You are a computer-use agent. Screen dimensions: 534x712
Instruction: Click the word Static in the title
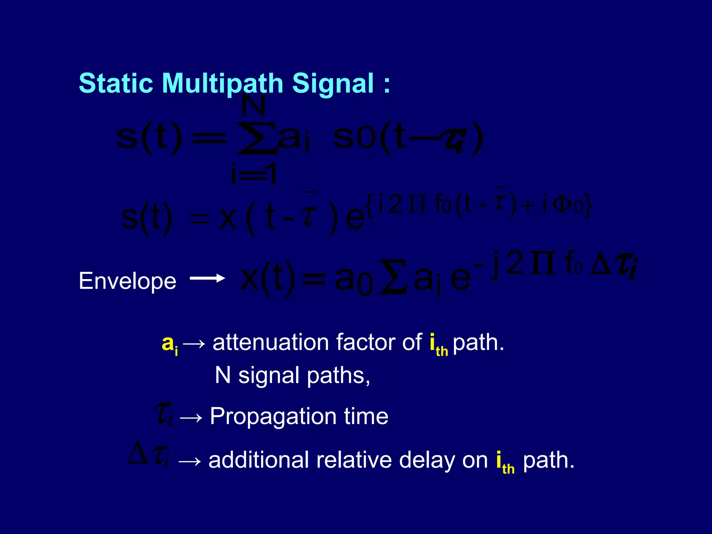coord(116,83)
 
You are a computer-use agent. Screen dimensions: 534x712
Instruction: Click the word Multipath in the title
coord(222,83)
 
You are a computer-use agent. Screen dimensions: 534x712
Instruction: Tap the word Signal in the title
coord(333,83)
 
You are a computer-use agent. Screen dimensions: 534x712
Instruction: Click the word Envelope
coord(128,281)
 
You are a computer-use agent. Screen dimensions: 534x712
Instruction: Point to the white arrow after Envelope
coord(207,278)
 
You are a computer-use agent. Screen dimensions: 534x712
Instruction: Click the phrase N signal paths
coord(292,376)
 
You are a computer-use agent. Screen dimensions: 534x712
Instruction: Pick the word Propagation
coord(273,416)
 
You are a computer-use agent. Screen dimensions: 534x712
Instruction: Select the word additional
coord(258,460)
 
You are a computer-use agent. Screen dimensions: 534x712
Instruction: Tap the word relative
coord(354,460)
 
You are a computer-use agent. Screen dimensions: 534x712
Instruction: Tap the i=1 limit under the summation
coord(253,174)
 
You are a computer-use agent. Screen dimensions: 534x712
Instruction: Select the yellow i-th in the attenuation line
coord(438,346)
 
